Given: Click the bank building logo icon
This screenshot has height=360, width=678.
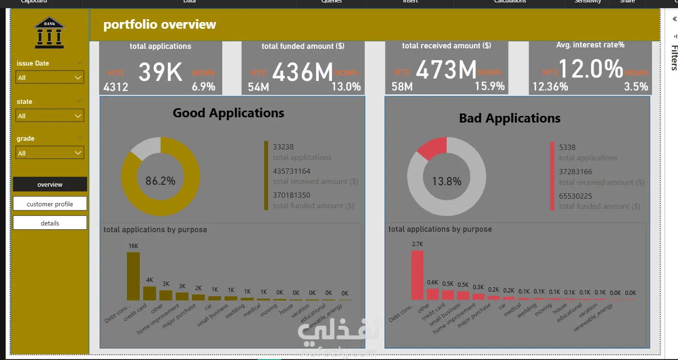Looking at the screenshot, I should (x=49, y=33).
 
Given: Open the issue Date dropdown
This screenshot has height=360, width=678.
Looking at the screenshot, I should (x=50, y=78).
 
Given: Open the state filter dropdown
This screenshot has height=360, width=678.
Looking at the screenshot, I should (x=50, y=116).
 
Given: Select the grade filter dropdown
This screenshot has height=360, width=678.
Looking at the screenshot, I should (x=50, y=153).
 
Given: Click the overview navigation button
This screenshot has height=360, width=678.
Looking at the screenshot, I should (x=50, y=184).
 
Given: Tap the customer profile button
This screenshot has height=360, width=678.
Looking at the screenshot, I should (x=50, y=204).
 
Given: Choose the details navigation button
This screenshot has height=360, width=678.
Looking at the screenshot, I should (x=50, y=223).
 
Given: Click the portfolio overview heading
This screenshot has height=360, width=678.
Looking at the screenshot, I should (x=159, y=24).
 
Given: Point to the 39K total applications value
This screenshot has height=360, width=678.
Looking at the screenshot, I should (x=160, y=72).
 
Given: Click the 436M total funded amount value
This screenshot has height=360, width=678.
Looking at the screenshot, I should (x=303, y=72).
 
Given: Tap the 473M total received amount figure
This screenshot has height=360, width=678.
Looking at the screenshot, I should (x=446, y=70).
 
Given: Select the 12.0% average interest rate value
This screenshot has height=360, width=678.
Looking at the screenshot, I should (x=590, y=68).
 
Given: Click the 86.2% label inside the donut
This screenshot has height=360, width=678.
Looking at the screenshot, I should (x=160, y=181).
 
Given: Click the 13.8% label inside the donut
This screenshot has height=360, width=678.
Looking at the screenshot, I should (x=446, y=181).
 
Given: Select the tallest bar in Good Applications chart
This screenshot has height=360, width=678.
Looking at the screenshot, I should (x=133, y=276).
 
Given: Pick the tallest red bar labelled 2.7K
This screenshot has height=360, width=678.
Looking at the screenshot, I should (x=417, y=275).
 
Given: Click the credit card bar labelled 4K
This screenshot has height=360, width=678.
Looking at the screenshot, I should (x=149, y=293).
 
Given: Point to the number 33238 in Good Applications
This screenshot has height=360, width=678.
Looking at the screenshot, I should (x=283, y=147).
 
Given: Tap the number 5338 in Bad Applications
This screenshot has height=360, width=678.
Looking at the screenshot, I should (x=567, y=147).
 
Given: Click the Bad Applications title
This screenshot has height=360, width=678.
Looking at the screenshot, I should (x=509, y=118).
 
